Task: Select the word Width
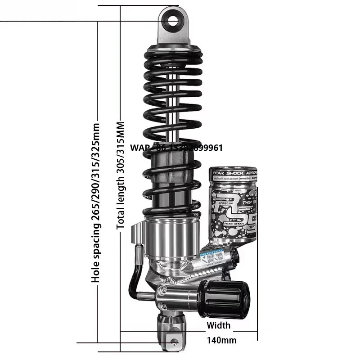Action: pyautogui.click(x=218, y=325)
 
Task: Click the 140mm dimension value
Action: pyautogui.click(x=221, y=340)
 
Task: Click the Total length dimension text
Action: pyautogui.click(x=121, y=175)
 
